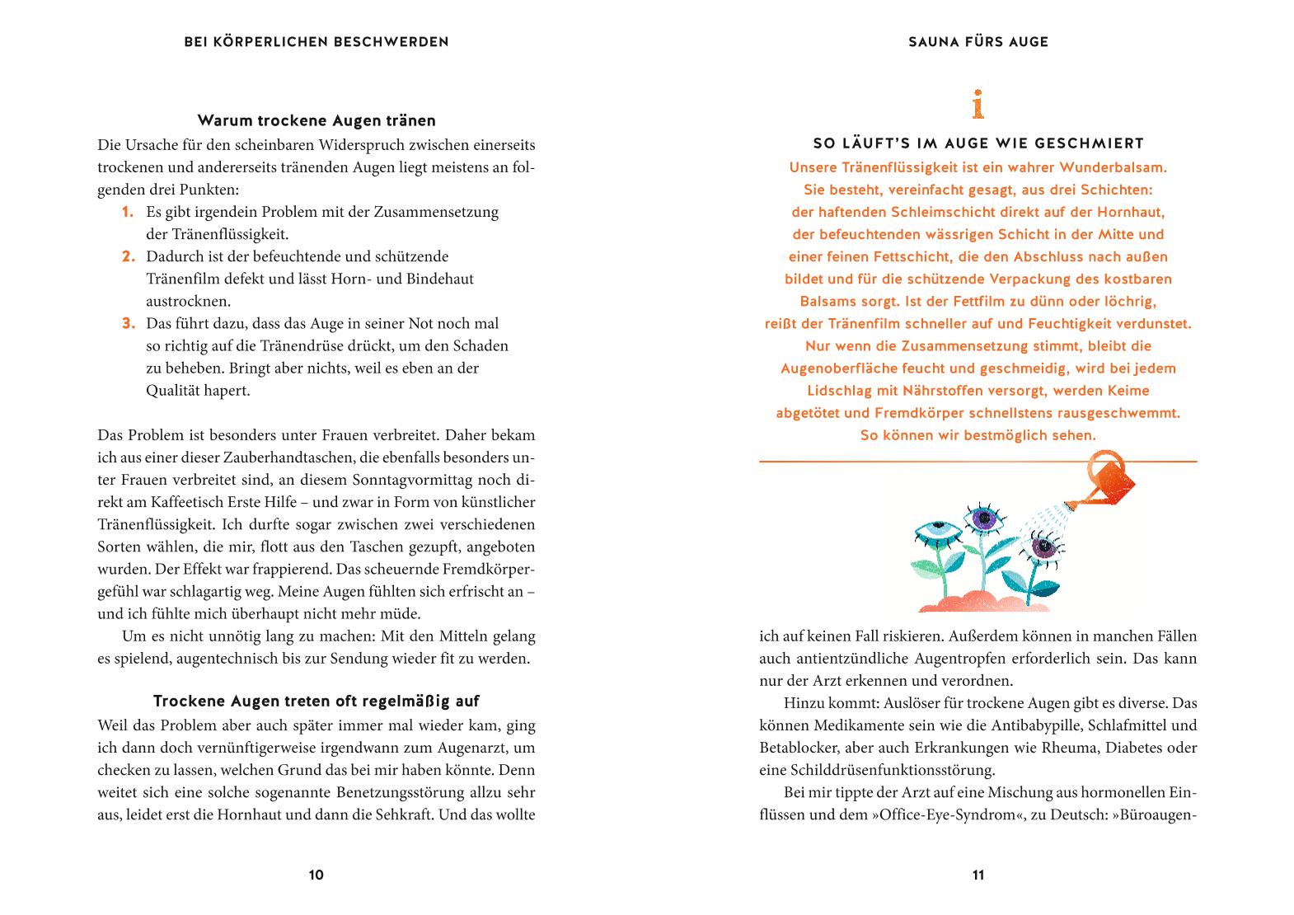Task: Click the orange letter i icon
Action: tap(978, 105)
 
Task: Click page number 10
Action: tap(316, 875)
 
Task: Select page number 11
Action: tap(978, 875)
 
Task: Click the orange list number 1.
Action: tap(128, 212)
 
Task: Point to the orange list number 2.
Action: tap(128, 256)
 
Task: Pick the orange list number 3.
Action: tap(128, 323)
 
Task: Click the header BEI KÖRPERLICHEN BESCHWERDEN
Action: tap(316, 42)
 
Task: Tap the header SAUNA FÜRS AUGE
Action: tap(978, 42)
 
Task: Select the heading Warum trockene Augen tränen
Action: tap(316, 121)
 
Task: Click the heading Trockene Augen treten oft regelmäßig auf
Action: tap(316, 701)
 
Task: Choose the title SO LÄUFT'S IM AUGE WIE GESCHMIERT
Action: tap(978, 144)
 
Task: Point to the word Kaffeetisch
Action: tap(175, 502)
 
